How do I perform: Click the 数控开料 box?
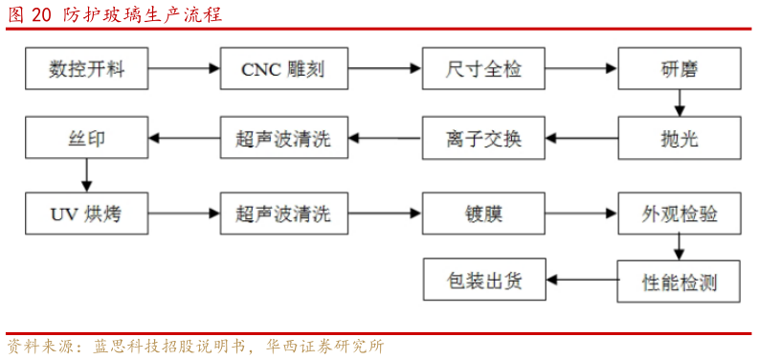click(87, 69)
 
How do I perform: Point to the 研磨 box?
click(679, 69)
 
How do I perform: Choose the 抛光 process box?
click(679, 139)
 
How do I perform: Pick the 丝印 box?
click(87, 139)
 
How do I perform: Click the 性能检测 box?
click(679, 281)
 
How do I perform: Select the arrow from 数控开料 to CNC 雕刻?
click(184, 69)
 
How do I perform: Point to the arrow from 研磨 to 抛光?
click(679, 103)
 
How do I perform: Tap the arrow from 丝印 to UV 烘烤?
click(87, 175)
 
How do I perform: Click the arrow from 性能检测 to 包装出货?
click(581, 281)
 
